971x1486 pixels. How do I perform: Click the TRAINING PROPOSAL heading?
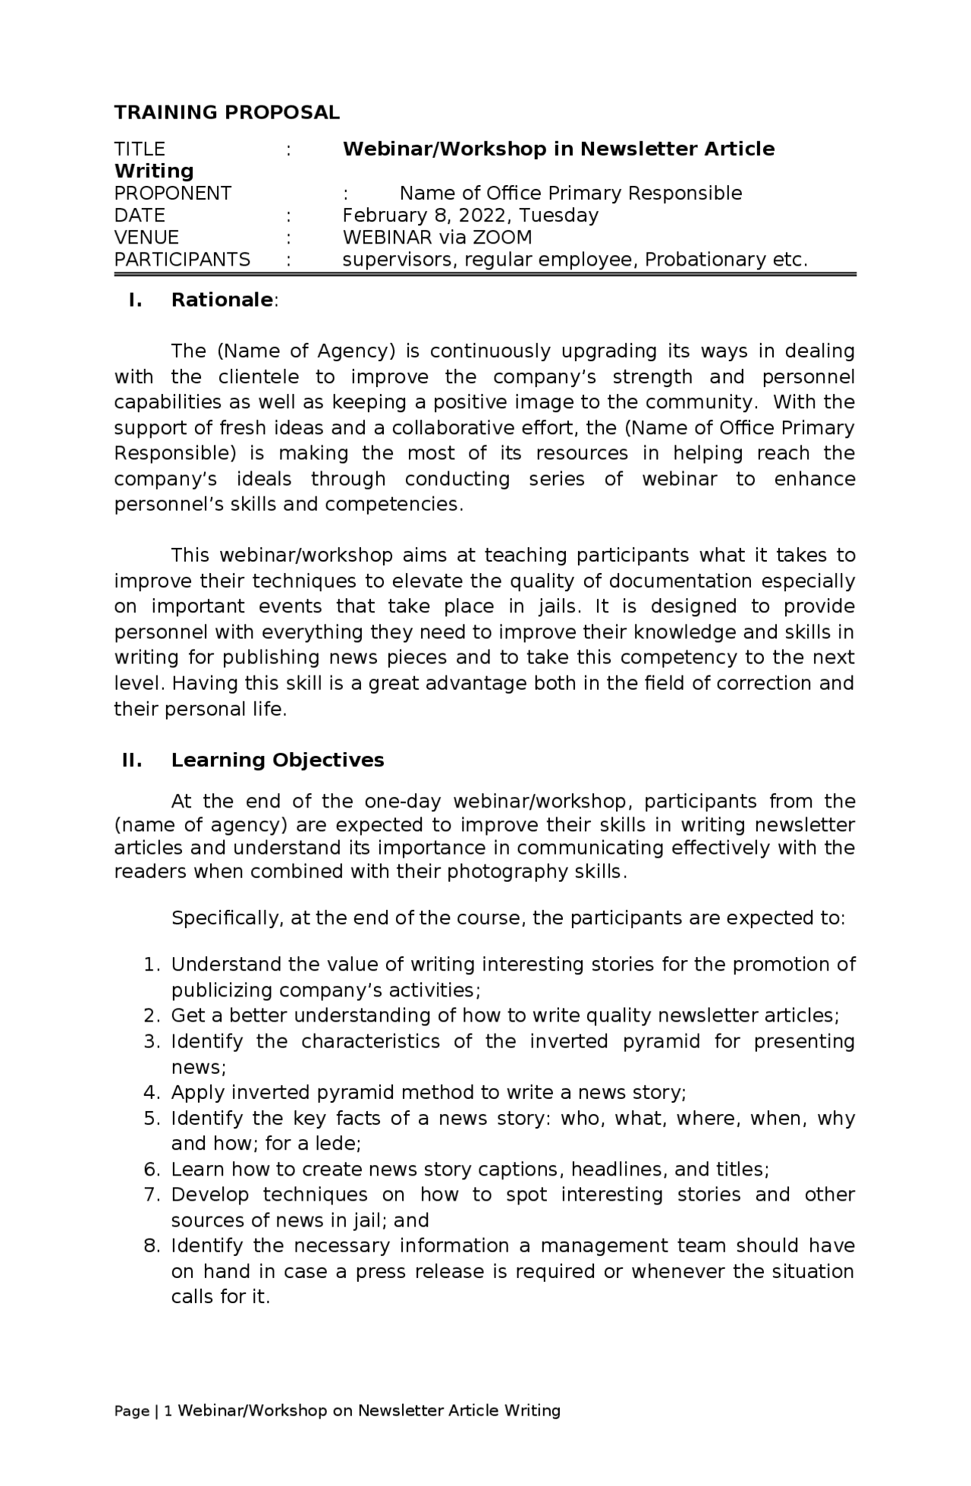(226, 112)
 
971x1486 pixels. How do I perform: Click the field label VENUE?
(146, 238)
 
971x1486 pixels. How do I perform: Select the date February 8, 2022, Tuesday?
(470, 216)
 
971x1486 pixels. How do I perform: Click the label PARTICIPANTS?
(182, 260)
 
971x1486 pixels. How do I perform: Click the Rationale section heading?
(222, 300)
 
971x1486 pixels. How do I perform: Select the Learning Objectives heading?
(278, 760)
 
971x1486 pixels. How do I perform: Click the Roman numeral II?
(132, 760)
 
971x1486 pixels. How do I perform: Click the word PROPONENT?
(172, 194)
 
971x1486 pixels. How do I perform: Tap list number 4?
(150, 1093)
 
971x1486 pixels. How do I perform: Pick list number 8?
(150, 1245)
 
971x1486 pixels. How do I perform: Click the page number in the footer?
(168, 1411)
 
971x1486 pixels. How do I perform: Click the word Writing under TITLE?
(154, 171)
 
